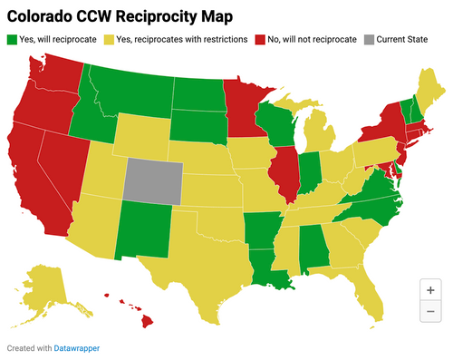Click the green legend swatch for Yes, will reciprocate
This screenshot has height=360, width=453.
click(x=12, y=40)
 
